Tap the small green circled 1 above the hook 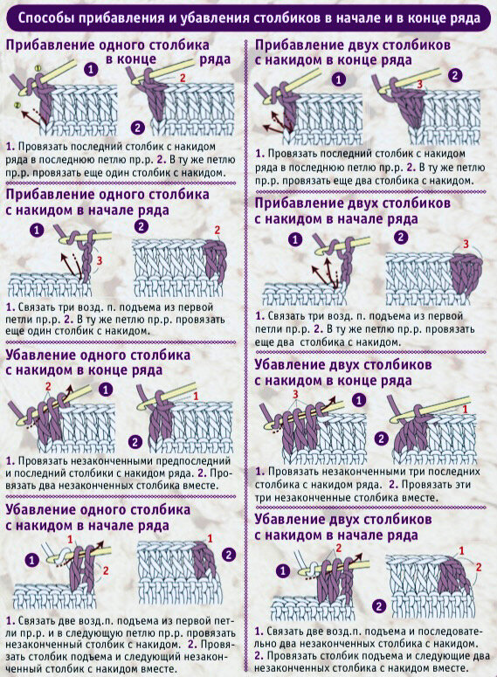tap(38, 68)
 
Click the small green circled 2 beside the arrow tap(17, 105)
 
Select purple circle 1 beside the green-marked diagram tap(91, 70)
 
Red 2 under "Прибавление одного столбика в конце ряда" tap(183, 78)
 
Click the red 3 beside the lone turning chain tap(100, 260)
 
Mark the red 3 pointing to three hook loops tap(296, 394)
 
